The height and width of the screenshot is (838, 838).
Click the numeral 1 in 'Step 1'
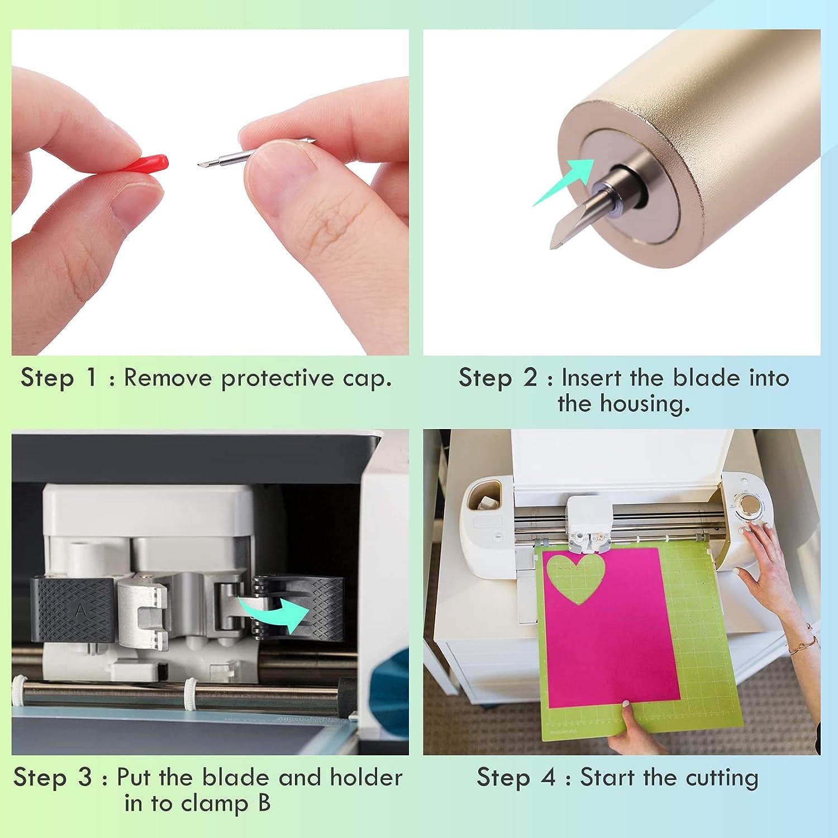click(x=92, y=378)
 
